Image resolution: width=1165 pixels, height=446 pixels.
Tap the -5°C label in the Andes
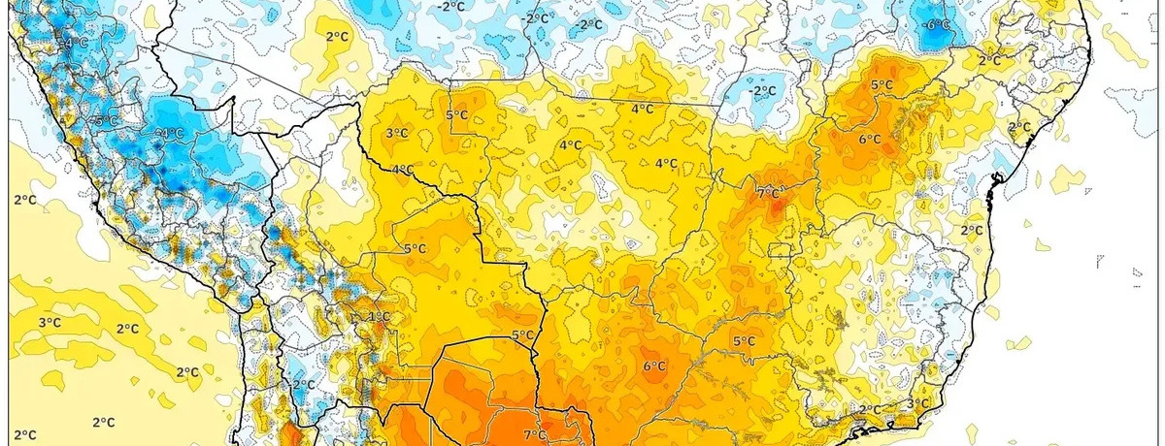tap(106, 121)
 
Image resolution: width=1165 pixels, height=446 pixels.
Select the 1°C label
tap(379, 317)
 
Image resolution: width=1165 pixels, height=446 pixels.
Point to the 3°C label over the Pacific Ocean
tap(50, 323)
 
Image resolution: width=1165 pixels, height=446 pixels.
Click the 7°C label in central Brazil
tap(767, 194)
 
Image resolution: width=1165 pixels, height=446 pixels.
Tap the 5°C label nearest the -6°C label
tap(882, 85)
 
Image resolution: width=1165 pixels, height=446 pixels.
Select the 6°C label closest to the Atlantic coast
tap(870, 140)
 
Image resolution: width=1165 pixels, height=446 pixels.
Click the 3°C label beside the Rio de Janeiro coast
tap(917, 403)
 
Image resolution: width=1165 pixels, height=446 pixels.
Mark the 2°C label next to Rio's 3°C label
tap(869, 410)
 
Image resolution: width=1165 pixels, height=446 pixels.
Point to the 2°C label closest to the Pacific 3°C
tap(126, 330)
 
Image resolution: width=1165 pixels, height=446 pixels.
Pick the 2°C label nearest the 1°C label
tap(304, 384)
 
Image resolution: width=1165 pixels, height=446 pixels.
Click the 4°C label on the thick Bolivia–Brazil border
tap(402, 171)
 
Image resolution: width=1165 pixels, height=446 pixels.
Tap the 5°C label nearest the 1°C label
tap(415, 249)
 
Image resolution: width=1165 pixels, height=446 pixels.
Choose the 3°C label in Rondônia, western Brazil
tap(396, 134)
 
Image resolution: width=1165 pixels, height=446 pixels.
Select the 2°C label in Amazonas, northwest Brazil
tap(337, 37)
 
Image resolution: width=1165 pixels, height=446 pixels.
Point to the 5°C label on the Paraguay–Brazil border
tap(522, 336)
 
